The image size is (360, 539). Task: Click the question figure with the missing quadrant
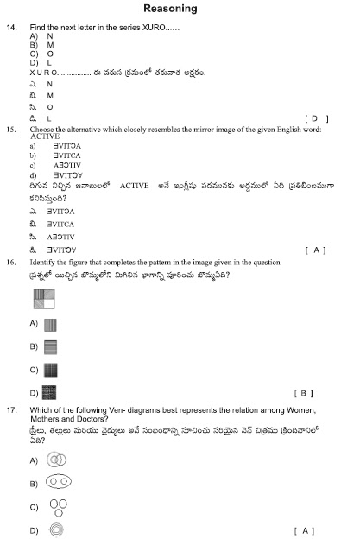pyautogui.click(x=44, y=300)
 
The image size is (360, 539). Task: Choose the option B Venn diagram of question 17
pyautogui.click(x=60, y=482)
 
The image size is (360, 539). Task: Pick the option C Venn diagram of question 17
pyautogui.click(x=58, y=506)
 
